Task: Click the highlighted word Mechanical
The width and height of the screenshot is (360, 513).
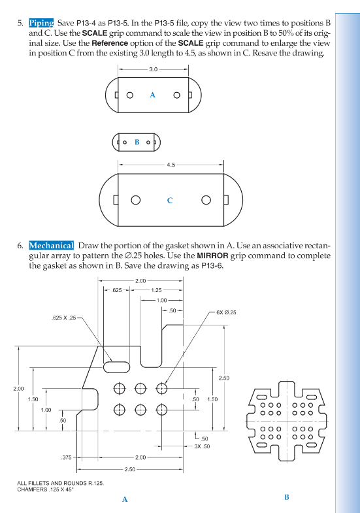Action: pos(51,245)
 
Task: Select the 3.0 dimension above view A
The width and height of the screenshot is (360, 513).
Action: pos(153,69)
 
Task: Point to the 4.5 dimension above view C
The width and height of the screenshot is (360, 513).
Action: pos(171,165)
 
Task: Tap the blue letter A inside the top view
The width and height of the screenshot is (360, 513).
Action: pos(152,95)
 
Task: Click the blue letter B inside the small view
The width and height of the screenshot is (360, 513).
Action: pos(137,142)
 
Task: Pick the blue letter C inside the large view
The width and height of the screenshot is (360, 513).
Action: pos(170,200)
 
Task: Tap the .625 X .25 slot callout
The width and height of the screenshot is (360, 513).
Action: pos(64,318)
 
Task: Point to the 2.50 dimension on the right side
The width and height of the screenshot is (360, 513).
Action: pos(223,378)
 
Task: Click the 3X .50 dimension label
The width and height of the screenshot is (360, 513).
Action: pos(202,446)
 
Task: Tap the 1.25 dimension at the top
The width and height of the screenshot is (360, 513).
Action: pos(156,290)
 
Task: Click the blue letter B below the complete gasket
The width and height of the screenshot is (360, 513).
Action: pos(286,497)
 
